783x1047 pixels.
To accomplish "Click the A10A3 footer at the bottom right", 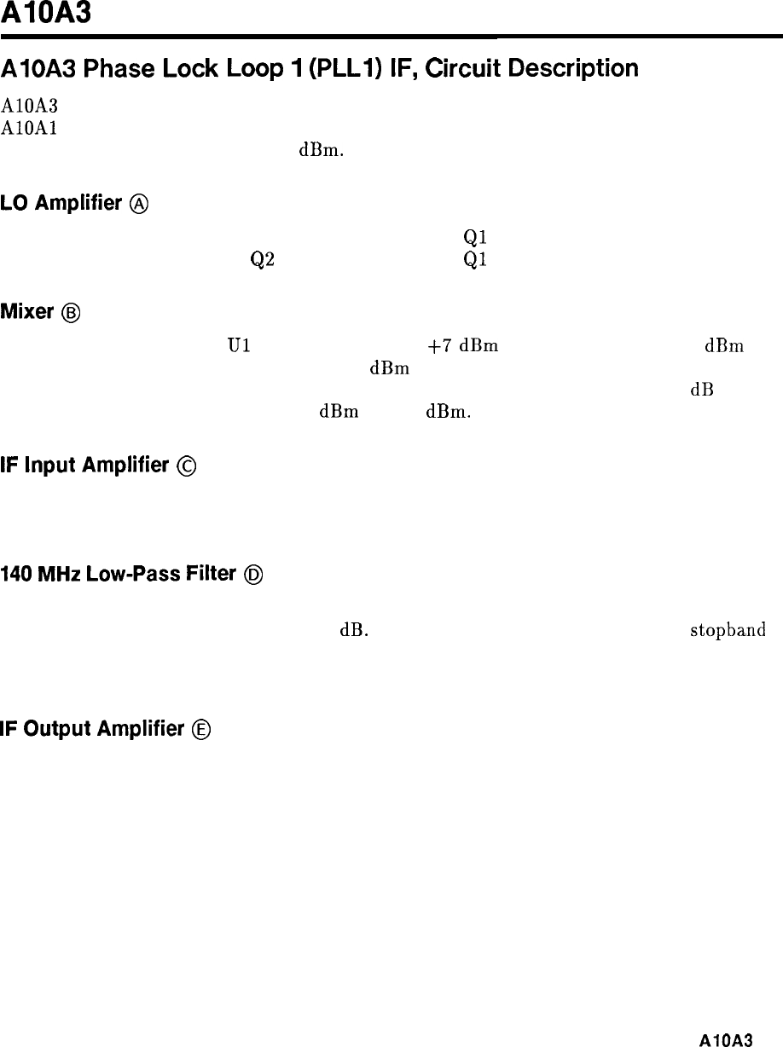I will [x=726, y=1039].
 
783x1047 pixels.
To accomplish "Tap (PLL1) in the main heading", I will [x=318, y=68].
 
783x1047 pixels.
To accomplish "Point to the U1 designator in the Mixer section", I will [x=237, y=347].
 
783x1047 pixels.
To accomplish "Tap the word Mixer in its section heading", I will [x=28, y=311].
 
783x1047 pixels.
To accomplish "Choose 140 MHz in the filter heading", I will [x=34, y=574].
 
